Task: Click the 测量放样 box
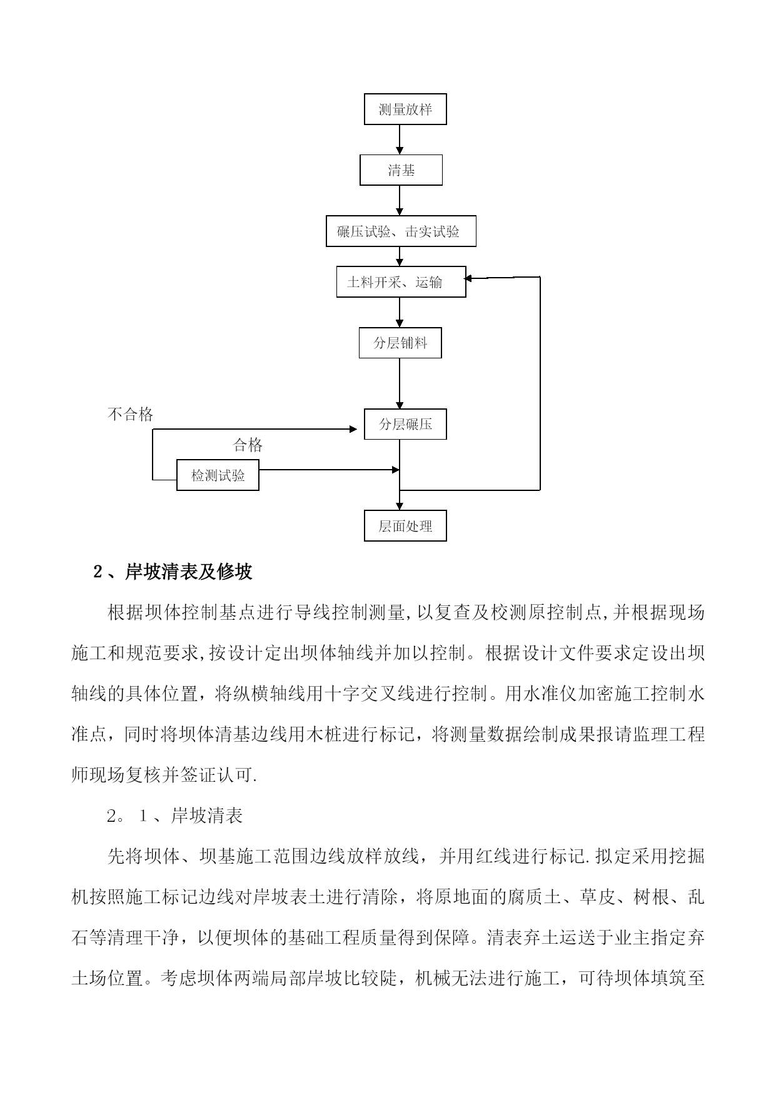coord(405,109)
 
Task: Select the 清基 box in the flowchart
coord(401,170)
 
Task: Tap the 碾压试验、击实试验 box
coord(401,231)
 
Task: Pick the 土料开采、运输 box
coord(401,281)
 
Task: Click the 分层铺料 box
coord(400,343)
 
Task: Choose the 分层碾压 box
coord(405,424)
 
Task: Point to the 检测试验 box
coord(218,475)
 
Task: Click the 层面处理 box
coord(405,526)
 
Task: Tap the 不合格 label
coord(131,414)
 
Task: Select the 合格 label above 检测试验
coord(248,445)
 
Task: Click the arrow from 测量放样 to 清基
coord(400,140)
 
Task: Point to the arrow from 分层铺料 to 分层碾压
coord(400,383)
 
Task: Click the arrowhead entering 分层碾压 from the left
coord(360,429)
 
